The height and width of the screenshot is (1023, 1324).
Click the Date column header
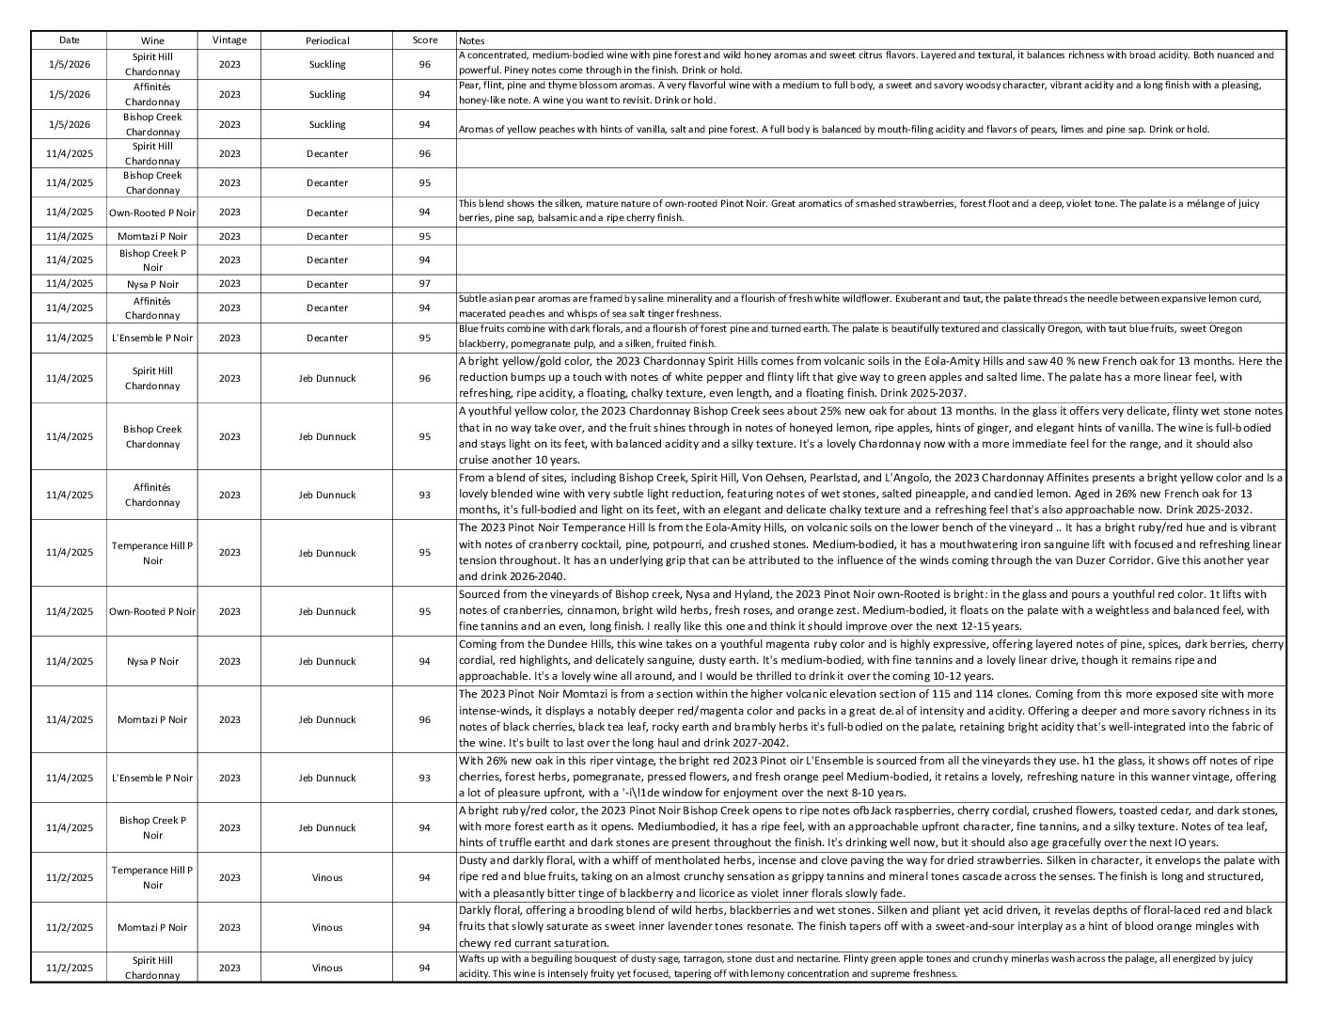click(69, 40)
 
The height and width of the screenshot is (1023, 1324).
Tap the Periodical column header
click(327, 40)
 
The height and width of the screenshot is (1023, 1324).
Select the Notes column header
click(471, 40)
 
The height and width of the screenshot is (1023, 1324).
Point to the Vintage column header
click(229, 40)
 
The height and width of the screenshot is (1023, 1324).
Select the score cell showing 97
click(425, 284)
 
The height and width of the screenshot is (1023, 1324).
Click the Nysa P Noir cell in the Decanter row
click(152, 284)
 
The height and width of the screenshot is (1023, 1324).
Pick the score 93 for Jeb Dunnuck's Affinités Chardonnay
click(425, 496)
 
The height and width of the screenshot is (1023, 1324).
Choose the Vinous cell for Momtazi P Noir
click(327, 928)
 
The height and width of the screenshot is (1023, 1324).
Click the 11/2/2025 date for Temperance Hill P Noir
click(70, 878)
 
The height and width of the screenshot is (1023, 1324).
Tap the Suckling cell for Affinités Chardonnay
click(327, 94)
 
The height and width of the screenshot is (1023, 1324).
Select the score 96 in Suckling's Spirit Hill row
click(425, 64)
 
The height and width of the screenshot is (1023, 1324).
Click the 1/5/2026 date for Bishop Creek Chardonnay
click(70, 124)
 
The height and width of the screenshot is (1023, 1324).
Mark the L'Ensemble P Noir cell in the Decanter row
click(152, 338)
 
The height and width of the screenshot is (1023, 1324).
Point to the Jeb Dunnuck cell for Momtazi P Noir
click(327, 720)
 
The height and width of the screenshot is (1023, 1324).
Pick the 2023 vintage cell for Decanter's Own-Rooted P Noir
click(229, 212)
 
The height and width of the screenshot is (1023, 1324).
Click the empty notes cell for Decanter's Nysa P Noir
click(871, 284)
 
